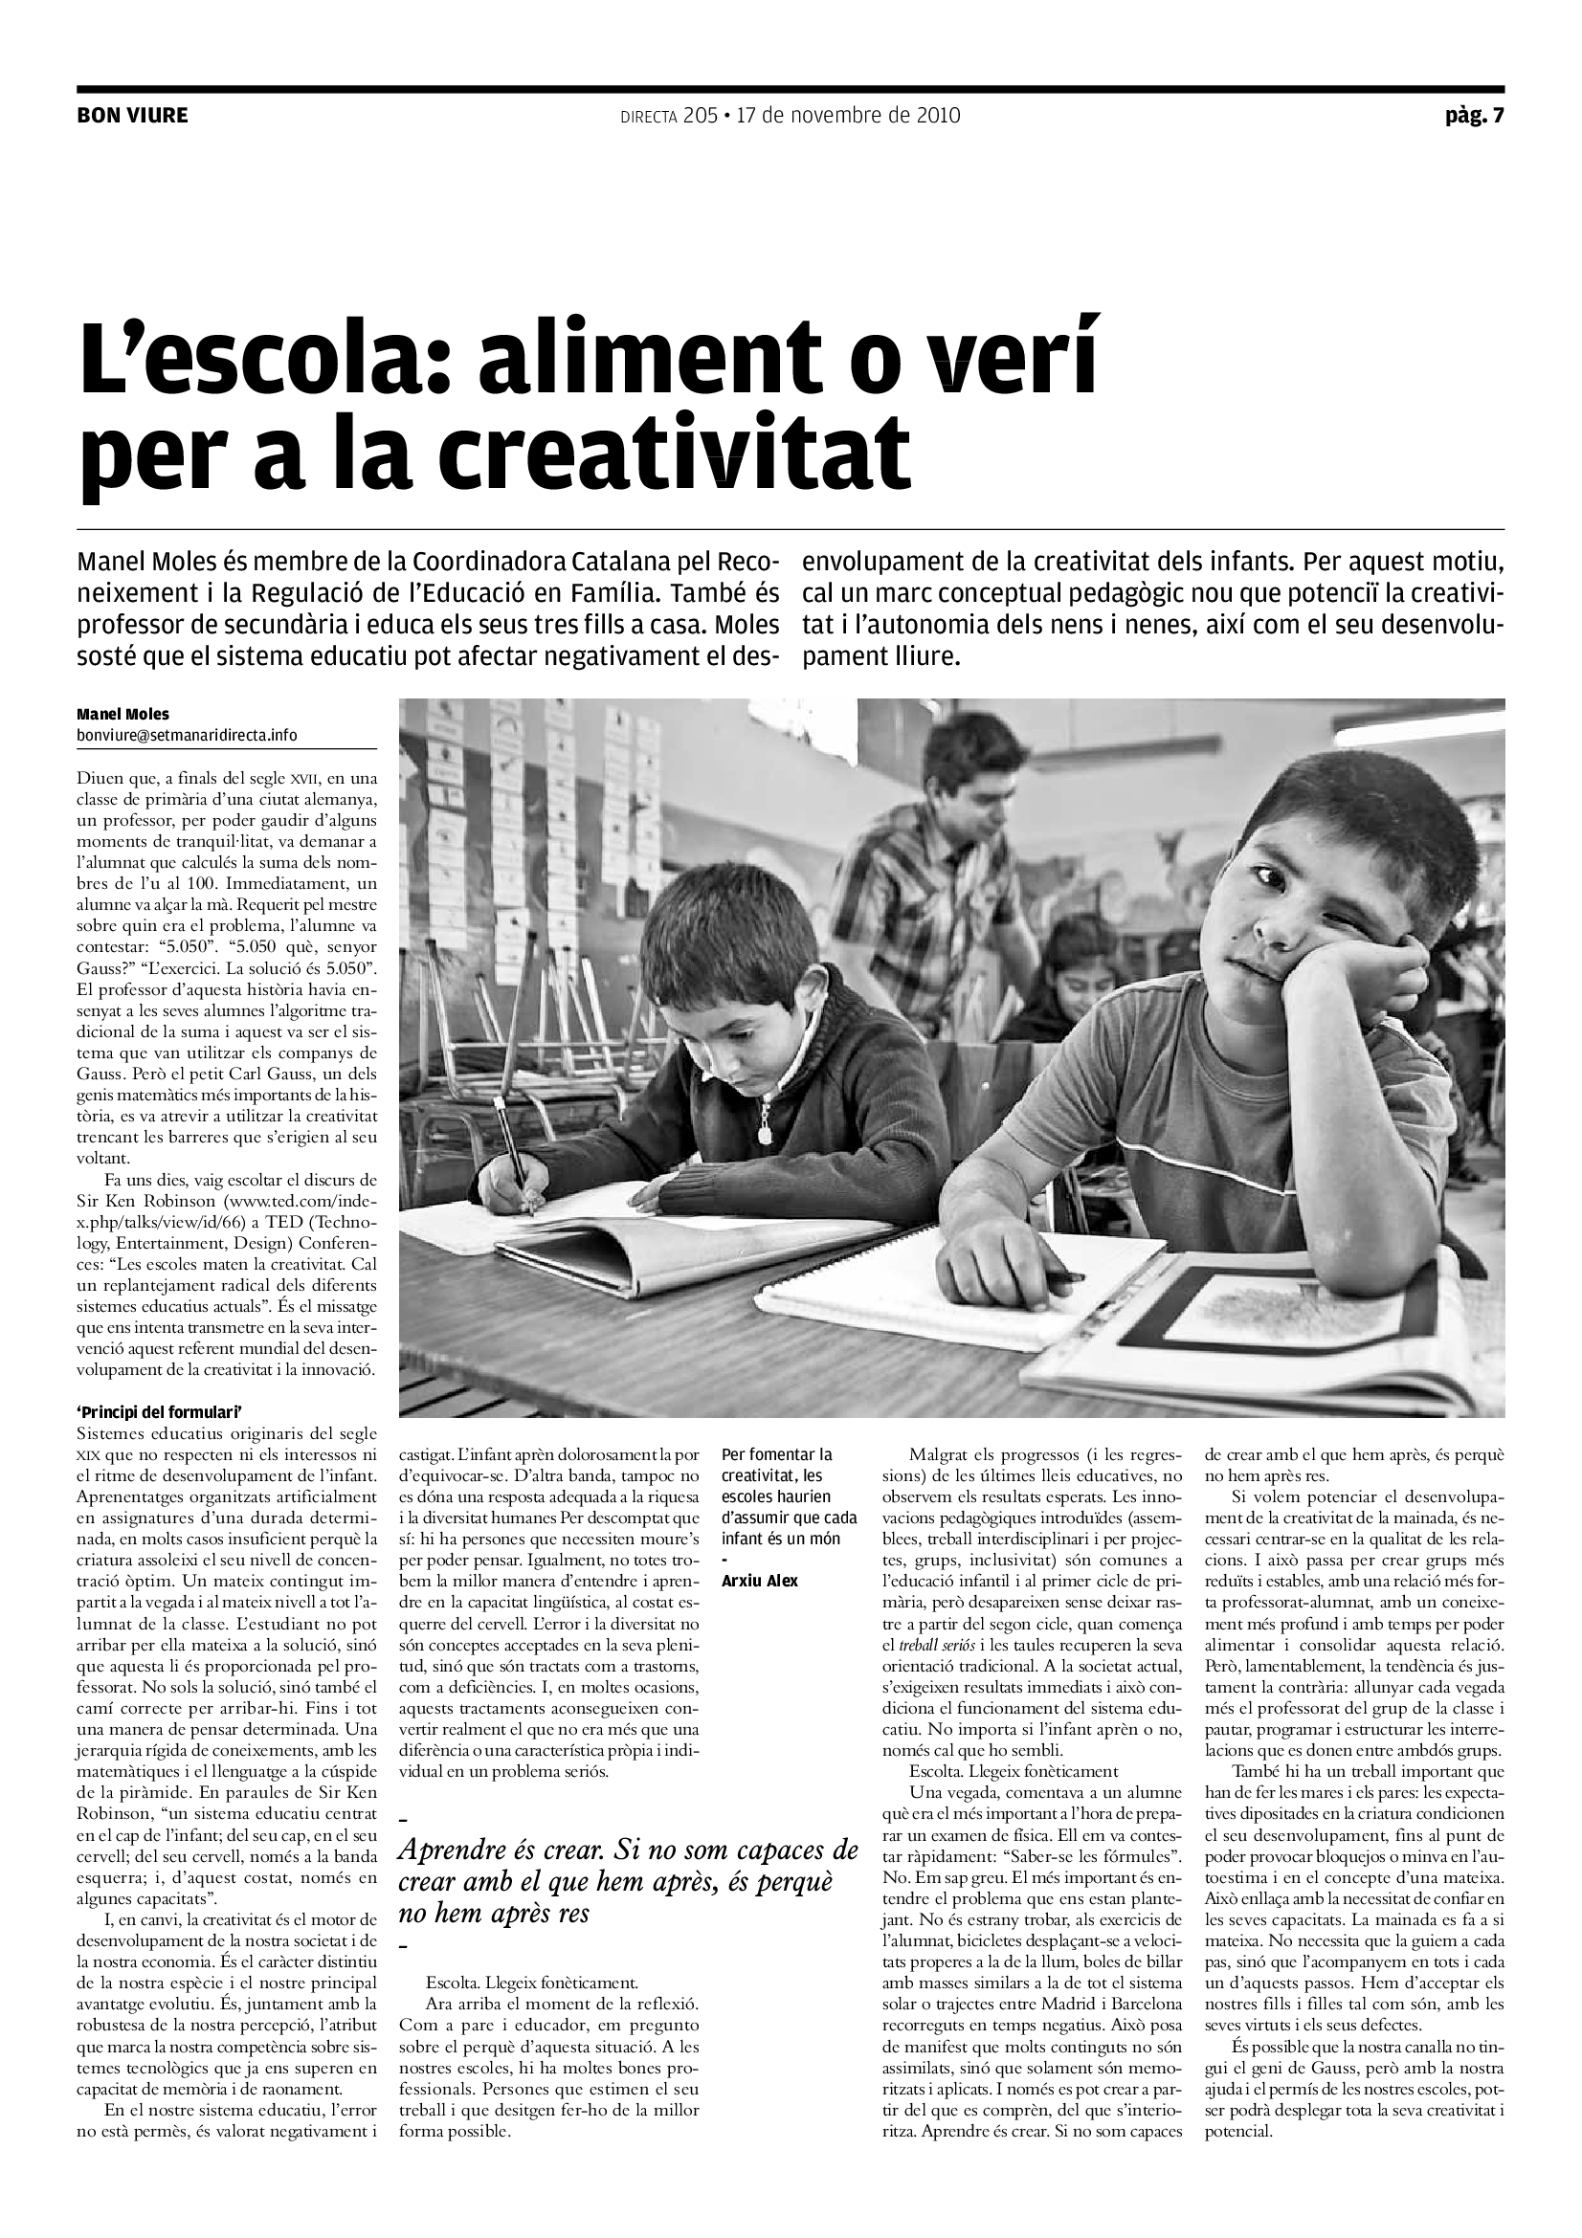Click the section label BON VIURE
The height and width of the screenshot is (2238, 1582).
[133, 116]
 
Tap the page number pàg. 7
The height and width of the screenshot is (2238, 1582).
[1474, 116]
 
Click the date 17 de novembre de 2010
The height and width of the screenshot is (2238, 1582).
[848, 116]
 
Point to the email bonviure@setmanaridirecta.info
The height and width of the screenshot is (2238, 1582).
[188, 735]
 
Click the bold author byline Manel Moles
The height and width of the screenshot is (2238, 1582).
[123, 715]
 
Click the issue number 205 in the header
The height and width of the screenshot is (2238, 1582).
[700, 116]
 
